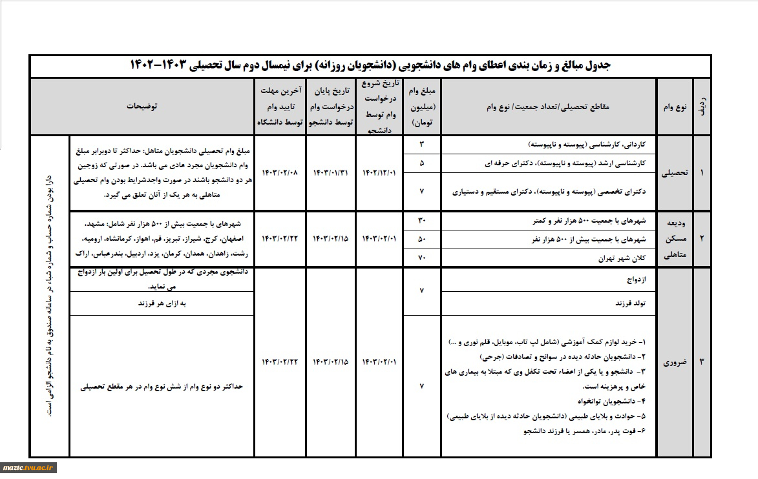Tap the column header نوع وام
click(x=674, y=106)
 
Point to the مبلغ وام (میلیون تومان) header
click(x=423, y=106)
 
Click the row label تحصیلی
click(x=674, y=173)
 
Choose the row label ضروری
click(x=674, y=363)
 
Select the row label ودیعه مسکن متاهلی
click(x=674, y=238)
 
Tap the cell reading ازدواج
click(x=637, y=280)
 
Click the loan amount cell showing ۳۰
click(x=422, y=221)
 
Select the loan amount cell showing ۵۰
click(x=422, y=239)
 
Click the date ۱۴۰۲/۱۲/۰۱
click(x=381, y=173)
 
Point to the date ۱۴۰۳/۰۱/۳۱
click(x=331, y=173)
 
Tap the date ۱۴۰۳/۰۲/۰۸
click(x=280, y=173)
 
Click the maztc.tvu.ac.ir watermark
click(x=30, y=467)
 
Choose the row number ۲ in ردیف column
click(x=701, y=238)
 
